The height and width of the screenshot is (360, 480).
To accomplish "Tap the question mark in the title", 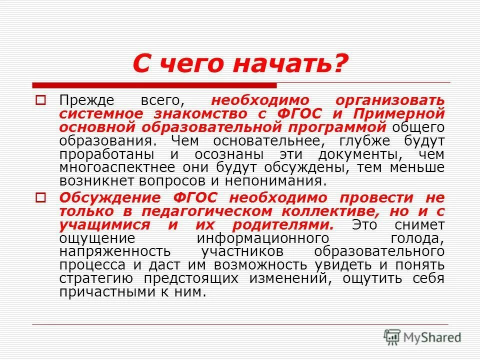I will coord(339,65).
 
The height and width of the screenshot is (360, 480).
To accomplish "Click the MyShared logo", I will coord(422,336).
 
